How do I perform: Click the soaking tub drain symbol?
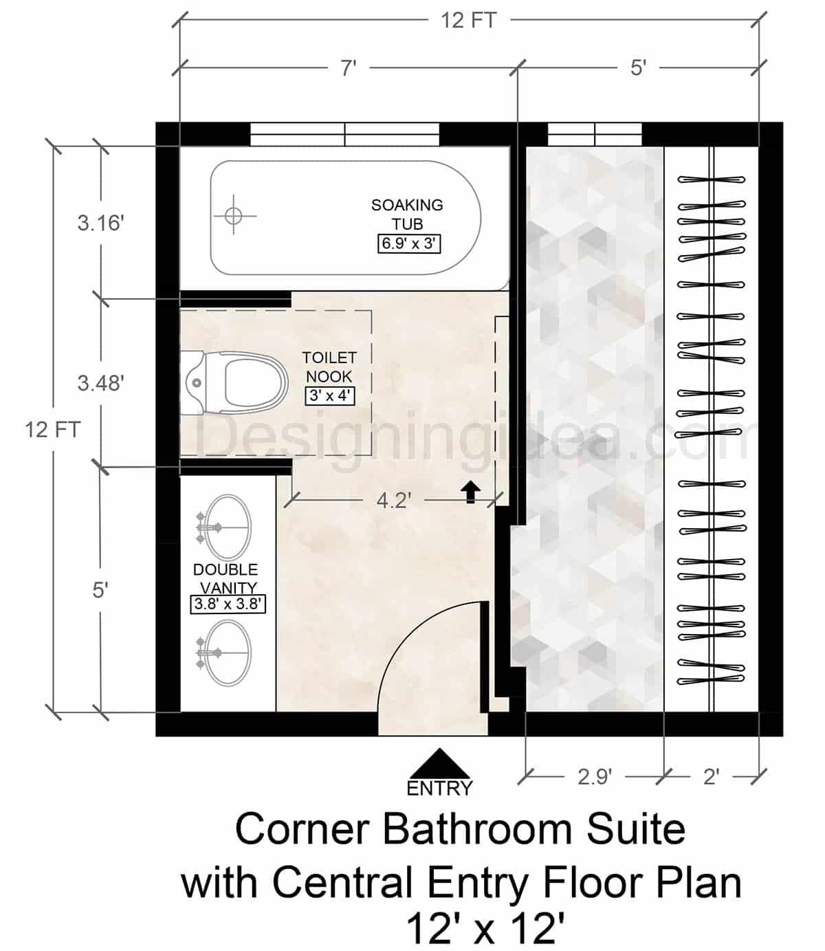pyautogui.click(x=234, y=215)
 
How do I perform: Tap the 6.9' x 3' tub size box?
pyautogui.click(x=408, y=243)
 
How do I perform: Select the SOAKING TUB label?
pyautogui.click(x=407, y=214)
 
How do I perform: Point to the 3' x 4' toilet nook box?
pyautogui.click(x=330, y=395)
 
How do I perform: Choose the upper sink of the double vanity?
pyautogui.click(x=229, y=527)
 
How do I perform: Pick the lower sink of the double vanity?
pyautogui.click(x=229, y=653)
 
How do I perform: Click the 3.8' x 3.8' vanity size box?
pyautogui.click(x=228, y=604)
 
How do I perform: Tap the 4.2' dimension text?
pyautogui.click(x=393, y=501)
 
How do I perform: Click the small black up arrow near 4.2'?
pyautogui.click(x=470, y=491)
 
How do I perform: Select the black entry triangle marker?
pyautogui.click(x=439, y=764)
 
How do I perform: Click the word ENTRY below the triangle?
pyautogui.click(x=439, y=788)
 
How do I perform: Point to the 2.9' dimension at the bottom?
pyautogui.click(x=594, y=776)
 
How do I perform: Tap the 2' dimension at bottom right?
pyautogui.click(x=711, y=776)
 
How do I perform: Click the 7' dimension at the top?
pyautogui.click(x=349, y=68)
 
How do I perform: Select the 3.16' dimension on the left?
pyautogui.click(x=100, y=223)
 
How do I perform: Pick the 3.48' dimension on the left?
pyautogui.click(x=100, y=383)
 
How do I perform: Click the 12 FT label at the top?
pyautogui.click(x=468, y=21)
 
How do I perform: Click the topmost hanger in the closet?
pyautogui.click(x=712, y=179)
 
